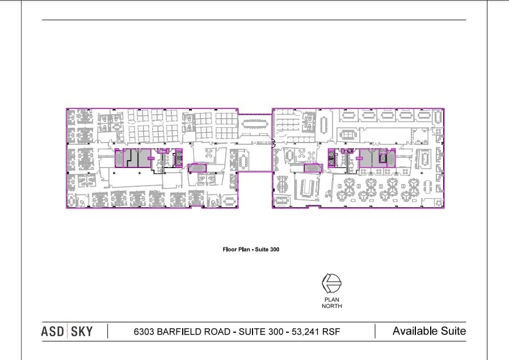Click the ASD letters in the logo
pyautogui.click(x=53, y=332)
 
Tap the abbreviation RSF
pyautogui.click(x=331, y=332)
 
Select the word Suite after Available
pyautogui.click(x=453, y=331)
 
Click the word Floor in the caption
pyautogui.click(x=229, y=249)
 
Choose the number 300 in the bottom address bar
pyautogui.click(x=276, y=332)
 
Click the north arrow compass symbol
pyautogui.click(x=331, y=283)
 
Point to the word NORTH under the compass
pyautogui.click(x=332, y=305)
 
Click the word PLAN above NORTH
pyautogui.click(x=332, y=300)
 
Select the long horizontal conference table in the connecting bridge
pyautogui.click(x=255, y=124)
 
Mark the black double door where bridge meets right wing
pyautogui.click(x=273, y=143)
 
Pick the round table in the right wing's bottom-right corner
pyautogui.click(x=439, y=203)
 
